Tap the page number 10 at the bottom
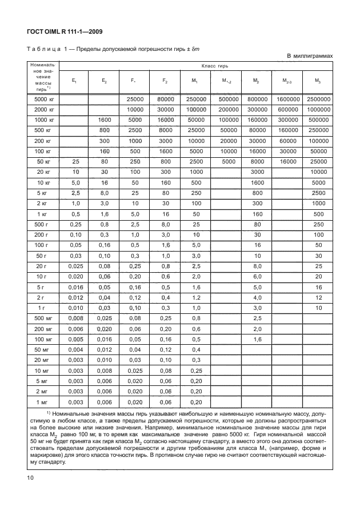(x=30, y=478)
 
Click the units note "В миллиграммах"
(x=309, y=55)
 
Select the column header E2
(x=104, y=81)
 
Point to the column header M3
(x=318, y=81)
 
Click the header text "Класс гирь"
(x=196, y=67)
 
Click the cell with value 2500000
(x=318, y=99)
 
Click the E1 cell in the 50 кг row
(x=73, y=162)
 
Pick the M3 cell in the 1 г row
(x=318, y=308)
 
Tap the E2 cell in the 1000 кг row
(x=104, y=119)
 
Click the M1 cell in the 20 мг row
(x=195, y=360)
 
